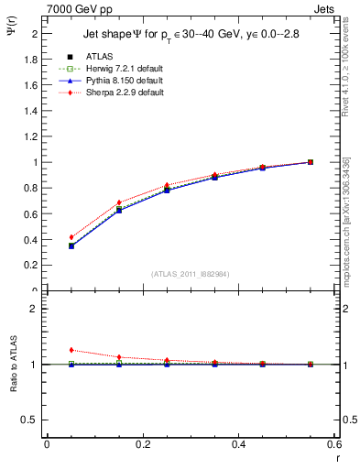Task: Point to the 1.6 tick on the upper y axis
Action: [31, 84]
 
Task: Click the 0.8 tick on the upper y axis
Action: [31, 188]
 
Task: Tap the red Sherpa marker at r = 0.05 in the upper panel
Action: [71, 237]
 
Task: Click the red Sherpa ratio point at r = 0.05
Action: [71, 350]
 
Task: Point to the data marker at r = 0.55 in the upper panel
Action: [311, 162]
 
